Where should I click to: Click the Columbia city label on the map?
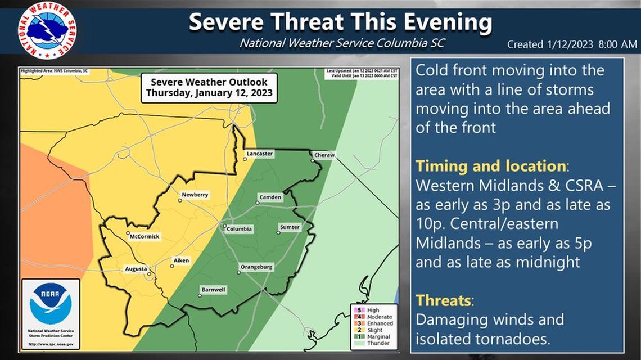[x=240, y=229]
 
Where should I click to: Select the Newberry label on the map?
[x=195, y=195]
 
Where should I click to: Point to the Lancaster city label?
[x=260, y=153]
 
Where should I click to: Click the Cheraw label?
[x=324, y=155]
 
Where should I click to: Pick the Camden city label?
[x=270, y=197]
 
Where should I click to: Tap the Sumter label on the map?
[x=290, y=227]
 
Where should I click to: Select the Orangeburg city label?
[x=257, y=267]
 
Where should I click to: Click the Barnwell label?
[x=214, y=290]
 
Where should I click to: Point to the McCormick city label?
[x=145, y=237]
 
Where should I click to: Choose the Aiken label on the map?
[x=182, y=260]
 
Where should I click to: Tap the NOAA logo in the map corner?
[x=51, y=303]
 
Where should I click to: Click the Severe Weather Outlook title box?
[x=209, y=88]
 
